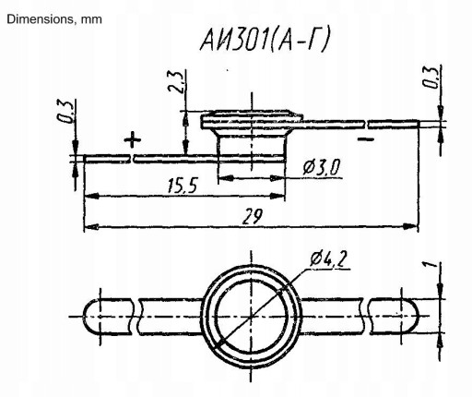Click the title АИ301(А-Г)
(x=265, y=40)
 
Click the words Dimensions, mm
(x=54, y=19)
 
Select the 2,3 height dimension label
(x=177, y=81)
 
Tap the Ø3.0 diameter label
(x=322, y=168)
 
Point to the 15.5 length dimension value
(x=183, y=186)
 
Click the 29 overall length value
(x=253, y=216)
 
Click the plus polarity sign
(x=133, y=139)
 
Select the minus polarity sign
(x=366, y=139)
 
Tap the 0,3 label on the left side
(x=66, y=111)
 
